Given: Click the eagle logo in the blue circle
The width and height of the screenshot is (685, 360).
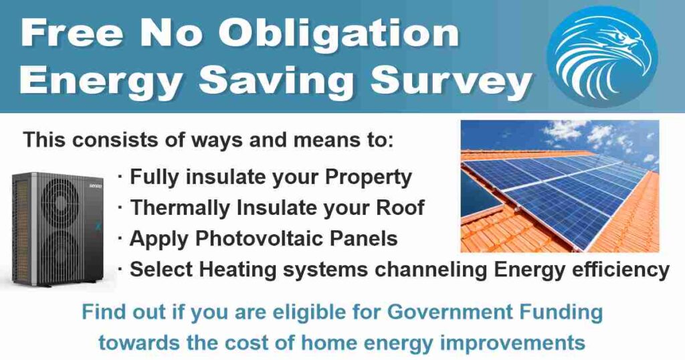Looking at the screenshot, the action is tap(603, 56).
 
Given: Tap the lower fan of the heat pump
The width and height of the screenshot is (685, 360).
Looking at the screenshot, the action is tap(60, 254).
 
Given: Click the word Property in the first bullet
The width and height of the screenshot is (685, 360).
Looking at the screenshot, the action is tap(369, 177).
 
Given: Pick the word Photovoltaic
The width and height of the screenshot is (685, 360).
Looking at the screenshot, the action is tap(260, 238).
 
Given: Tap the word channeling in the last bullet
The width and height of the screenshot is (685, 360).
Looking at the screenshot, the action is tap(431, 270).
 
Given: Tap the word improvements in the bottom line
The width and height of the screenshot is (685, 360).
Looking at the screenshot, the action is tap(512, 343).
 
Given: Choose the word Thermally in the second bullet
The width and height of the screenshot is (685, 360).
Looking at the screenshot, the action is tap(180, 207).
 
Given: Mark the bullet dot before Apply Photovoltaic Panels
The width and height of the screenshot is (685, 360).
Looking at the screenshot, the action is tap(120, 239).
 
